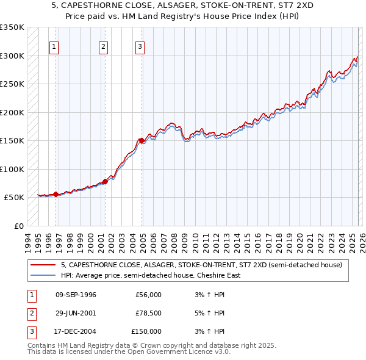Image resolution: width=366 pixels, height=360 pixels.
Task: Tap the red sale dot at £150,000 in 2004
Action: click(x=142, y=140)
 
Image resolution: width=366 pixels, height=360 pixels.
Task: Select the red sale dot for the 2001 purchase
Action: click(x=105, y=181)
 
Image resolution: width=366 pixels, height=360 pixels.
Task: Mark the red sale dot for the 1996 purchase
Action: click(x=56, y=194)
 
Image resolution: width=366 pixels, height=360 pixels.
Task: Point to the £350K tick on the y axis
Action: click(x=12, y=27)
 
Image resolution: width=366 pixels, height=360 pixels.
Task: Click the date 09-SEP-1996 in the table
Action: click(x=76, y=295)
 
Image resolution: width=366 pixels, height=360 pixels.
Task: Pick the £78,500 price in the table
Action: click(x=148, y=313)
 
